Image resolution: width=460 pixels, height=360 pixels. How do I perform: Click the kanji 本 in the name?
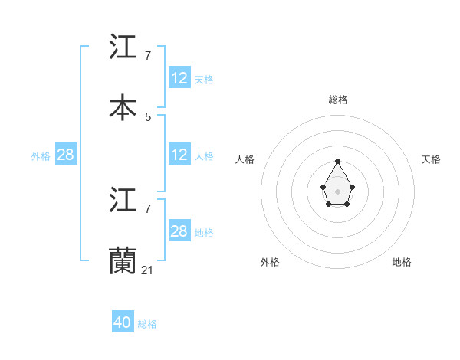(x=123, y=106)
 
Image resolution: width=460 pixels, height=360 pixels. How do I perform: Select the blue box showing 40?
(x=123, y=322)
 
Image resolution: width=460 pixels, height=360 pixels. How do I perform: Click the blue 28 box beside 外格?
(x=65, y=155)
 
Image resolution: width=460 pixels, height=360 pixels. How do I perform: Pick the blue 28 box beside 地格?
(x=179, y=231)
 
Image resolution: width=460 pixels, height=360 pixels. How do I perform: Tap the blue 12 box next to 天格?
(x=179, y=78)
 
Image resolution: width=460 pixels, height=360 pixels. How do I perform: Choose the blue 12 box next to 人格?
(x=179, y=155)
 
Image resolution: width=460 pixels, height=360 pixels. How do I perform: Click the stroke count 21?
(x=147, y=270)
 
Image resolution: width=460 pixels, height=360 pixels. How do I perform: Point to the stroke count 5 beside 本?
(x=148, y=116)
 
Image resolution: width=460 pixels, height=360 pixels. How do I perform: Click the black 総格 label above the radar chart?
(x=338, y=100)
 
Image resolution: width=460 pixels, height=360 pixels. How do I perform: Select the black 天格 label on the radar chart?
(x=431, y=159)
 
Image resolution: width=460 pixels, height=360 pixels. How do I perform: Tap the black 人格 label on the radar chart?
(x=245, y=159)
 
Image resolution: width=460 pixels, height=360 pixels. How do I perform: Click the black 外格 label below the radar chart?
(x=270, y=262)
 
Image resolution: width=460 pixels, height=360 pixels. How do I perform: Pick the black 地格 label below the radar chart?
(x=402, y=262)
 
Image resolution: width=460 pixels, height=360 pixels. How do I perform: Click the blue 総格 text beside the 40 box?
(x=147, y=324)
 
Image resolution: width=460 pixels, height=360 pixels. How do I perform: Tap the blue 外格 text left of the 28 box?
(x=41, y=155)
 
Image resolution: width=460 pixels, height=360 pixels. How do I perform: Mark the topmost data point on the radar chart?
(x=337, y=161)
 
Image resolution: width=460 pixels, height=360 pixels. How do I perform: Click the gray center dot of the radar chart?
(x=337, y=191)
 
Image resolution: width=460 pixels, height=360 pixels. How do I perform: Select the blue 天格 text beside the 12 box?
(x=204, y=79)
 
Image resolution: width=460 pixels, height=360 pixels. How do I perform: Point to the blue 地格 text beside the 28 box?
(x=204, y=232)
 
